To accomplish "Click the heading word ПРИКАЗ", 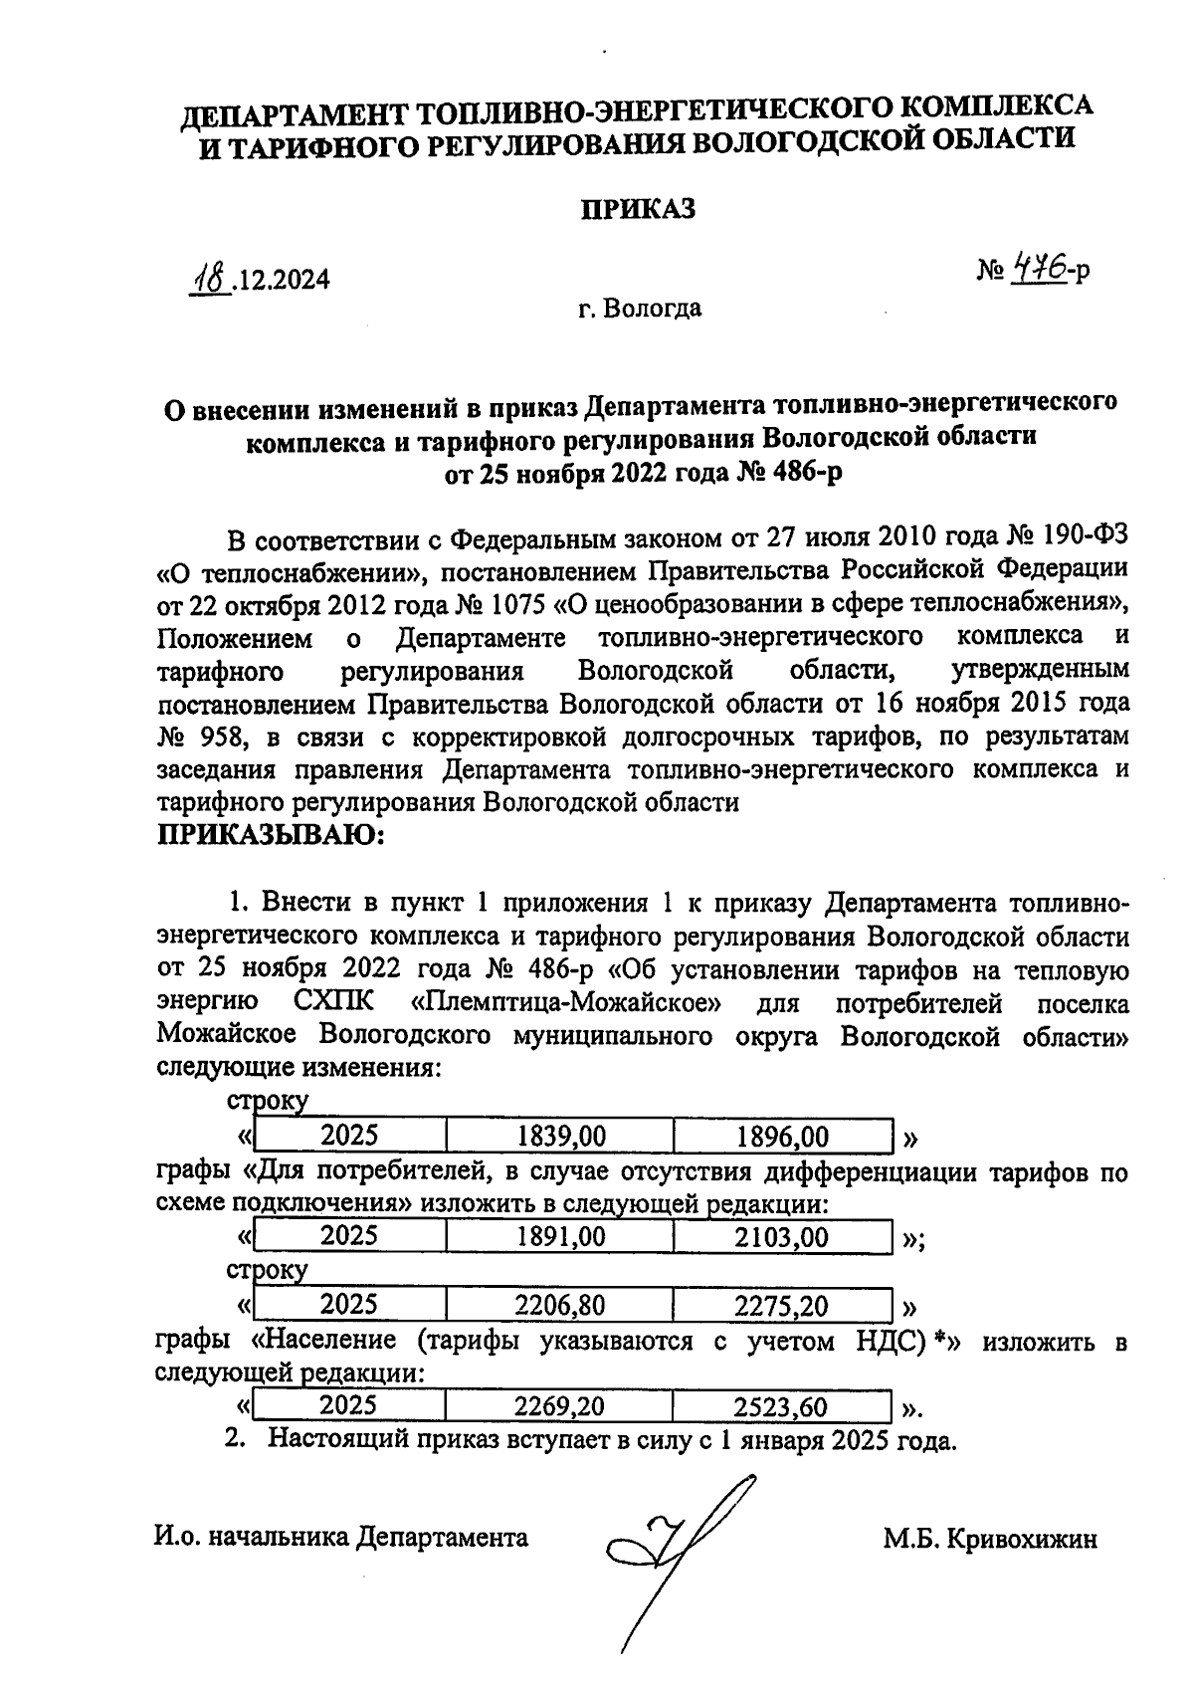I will click(x=637, y=210).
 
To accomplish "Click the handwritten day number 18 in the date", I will click(x=211, y=278).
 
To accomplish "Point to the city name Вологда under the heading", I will click(x=655, y=309).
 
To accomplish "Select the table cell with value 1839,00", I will click(x=562, y=1137).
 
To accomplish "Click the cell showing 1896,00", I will click(x=782, y=1137).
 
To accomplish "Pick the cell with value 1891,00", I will click(x=562, y=1237).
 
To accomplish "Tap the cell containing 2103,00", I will click(x=782, y=1237).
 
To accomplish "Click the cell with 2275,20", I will click(x=782, y=1305).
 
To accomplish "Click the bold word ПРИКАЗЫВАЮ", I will click(x=271, y=836).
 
